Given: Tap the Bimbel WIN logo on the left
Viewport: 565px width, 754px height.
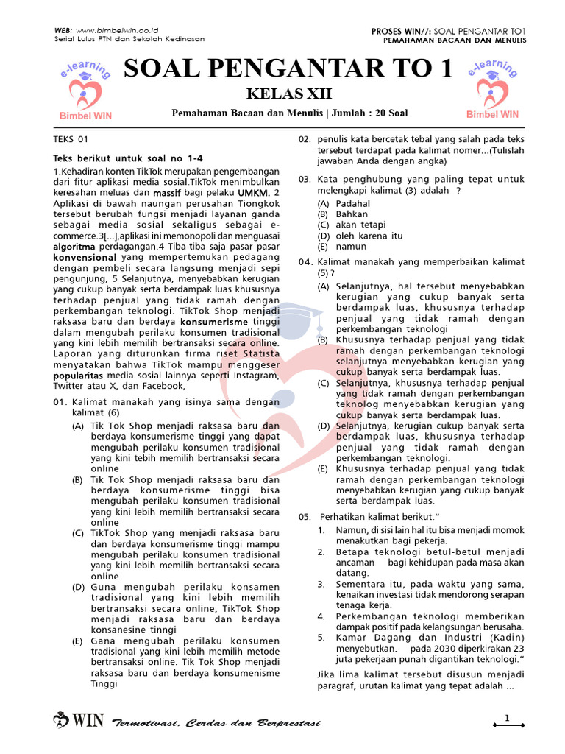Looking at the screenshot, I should tap(85, 92).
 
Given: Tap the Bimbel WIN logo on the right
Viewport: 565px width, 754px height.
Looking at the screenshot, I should tap(492, 92).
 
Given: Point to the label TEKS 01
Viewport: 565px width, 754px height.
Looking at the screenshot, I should tap(71, 138).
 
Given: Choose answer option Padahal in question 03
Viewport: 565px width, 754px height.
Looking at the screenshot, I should tap(353, 202).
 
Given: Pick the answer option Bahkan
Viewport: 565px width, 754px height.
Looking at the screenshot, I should tap(351, 214).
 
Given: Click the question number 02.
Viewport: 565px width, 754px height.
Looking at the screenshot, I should tap(305, 138).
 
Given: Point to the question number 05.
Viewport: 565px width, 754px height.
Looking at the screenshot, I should tap(305, 516).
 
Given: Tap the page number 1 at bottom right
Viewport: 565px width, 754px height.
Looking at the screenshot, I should tap(507, 718).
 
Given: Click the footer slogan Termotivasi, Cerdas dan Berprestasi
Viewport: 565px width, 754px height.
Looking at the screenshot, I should tap(216, 723).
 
